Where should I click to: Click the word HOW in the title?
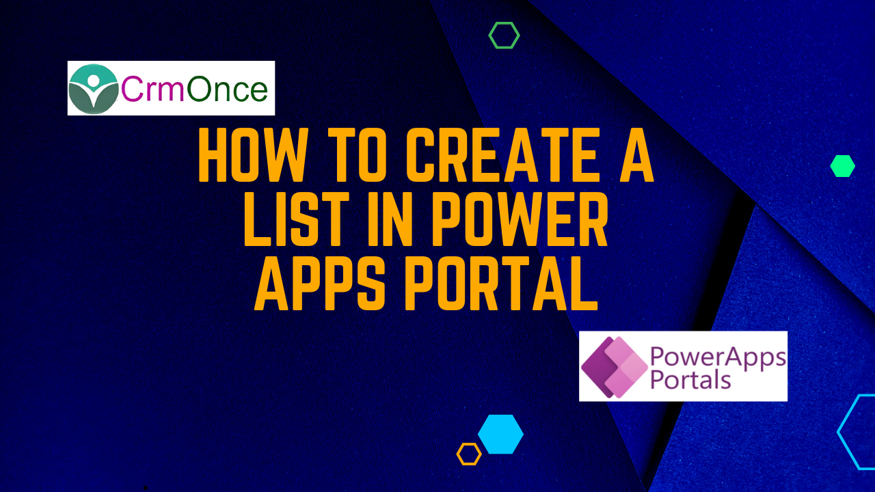point(252,155)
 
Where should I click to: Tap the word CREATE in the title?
point(502,155)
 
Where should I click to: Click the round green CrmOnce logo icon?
point(94,89)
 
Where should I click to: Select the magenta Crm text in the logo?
point(152,89)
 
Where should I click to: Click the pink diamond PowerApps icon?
point(615,367)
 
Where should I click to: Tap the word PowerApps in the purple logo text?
point(718,357)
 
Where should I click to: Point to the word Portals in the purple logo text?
point(690,379)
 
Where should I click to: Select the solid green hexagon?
point(843,166)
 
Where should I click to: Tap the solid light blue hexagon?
point(500,434)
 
